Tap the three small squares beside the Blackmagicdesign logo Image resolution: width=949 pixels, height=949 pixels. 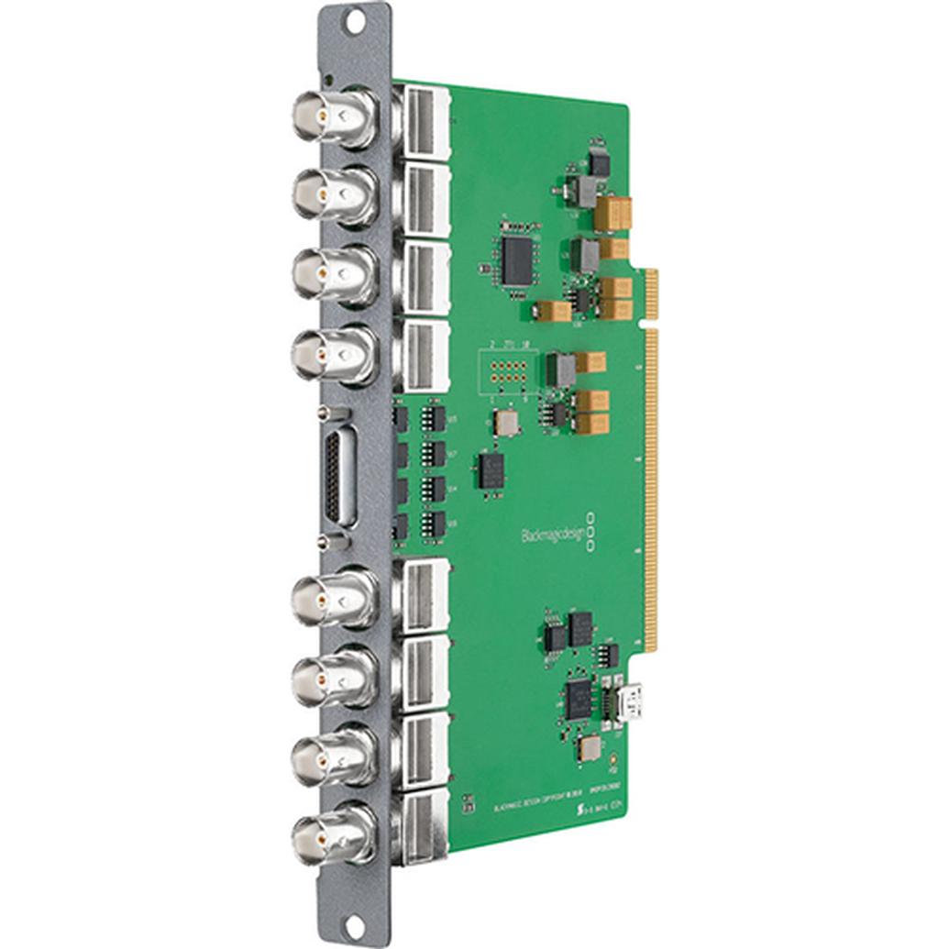(591, 533)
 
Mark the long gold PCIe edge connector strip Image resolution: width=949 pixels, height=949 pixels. (652, 486)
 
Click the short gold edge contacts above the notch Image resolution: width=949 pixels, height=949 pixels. (651, 293)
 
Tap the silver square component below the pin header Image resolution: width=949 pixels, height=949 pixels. (505, 423)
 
